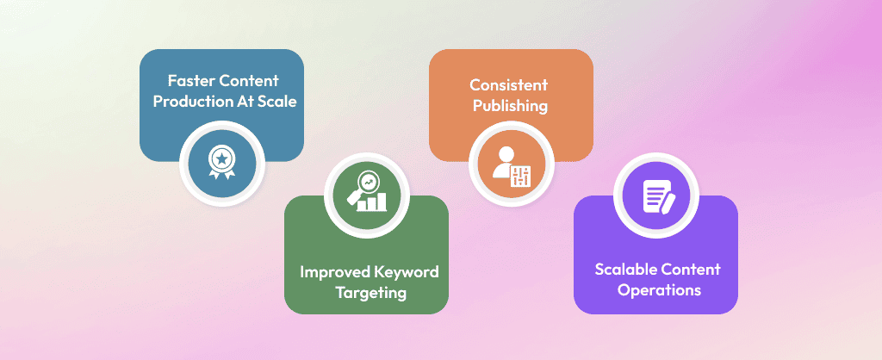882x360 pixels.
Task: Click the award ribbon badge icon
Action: click(x=222, y=160)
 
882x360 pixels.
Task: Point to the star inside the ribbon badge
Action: click(x=222, y=158)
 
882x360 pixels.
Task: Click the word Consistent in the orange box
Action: click(x=508, y=85)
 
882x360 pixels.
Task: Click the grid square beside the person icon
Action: click(x=519, y=175)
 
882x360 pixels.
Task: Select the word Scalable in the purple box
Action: click(x=624, y=269)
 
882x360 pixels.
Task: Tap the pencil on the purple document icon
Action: click(x=667, y=202)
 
